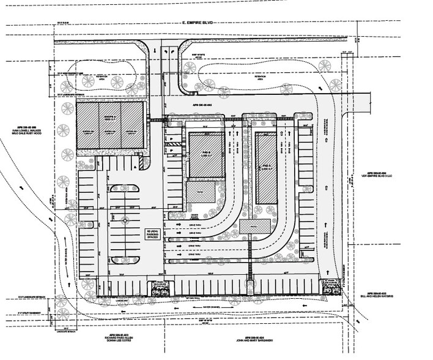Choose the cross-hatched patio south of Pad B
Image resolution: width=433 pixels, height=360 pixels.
coord(202,193)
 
